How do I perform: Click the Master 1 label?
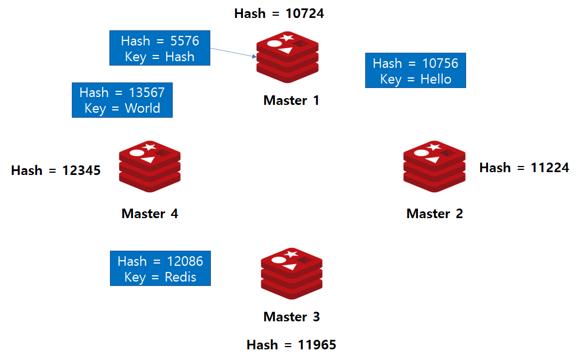[x=291, y=100]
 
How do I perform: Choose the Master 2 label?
[x=435, y=214]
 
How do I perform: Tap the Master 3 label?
[x=291, y=317]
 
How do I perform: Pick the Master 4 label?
[x=150, y=214]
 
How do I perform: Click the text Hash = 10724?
[x=279, y=13]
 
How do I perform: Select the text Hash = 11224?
[x=524, y=168]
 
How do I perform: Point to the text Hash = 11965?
[x=291, y=344]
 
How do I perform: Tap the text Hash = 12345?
[x=56, y=170]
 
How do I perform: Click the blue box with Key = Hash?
[x=160, y=48]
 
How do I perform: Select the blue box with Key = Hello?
[x=416, y=71]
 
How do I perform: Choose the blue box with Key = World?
[x=122, y=100]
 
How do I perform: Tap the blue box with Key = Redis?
[x=160, y=269]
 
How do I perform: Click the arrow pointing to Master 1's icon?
[x=233, y=52]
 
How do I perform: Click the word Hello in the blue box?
[x=436, y=79]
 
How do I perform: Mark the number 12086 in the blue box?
[x=185, y=261]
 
